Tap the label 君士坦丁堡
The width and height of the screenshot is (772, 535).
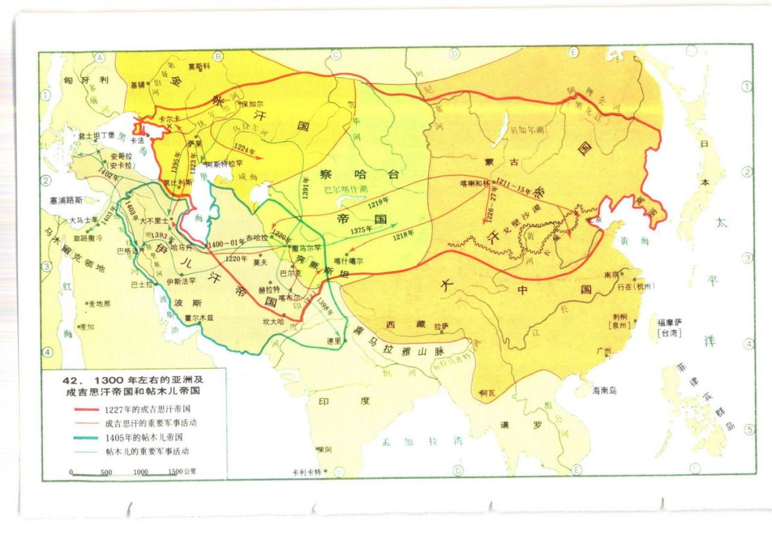pos(95,134)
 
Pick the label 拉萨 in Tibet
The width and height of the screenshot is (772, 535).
pos(441,326)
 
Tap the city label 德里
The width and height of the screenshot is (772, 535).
pos(334,340)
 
